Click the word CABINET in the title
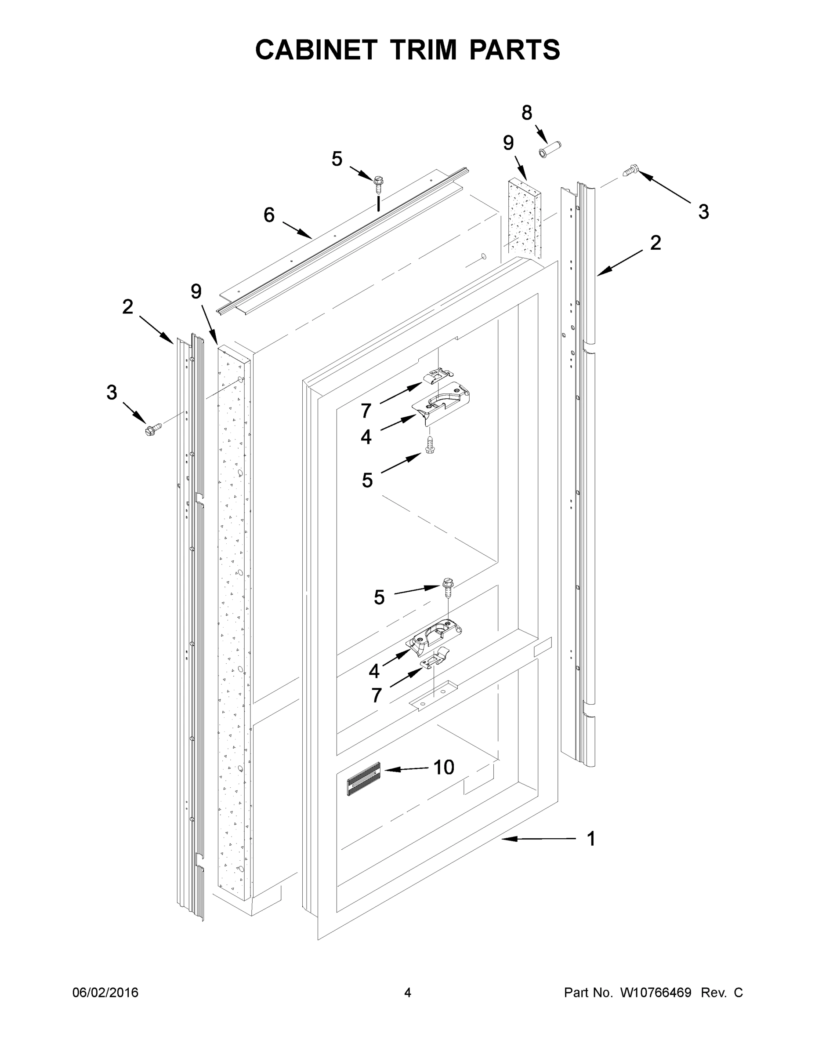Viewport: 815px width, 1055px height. tap(316, 50)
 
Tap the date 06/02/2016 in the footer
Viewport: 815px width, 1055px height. tap(105, 992)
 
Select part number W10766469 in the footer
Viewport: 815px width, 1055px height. tap(655, 992)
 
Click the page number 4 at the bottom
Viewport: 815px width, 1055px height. tap(408, 992)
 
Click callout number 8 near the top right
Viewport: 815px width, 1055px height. tap(527, 113)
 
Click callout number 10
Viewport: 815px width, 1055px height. tap(443, 767)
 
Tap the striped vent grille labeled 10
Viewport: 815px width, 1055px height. tap(363, 778)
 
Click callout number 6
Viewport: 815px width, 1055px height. tap(269, 215)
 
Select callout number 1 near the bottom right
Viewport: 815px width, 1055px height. tap(591, 839)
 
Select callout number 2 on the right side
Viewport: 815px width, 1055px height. tap(655, 243)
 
